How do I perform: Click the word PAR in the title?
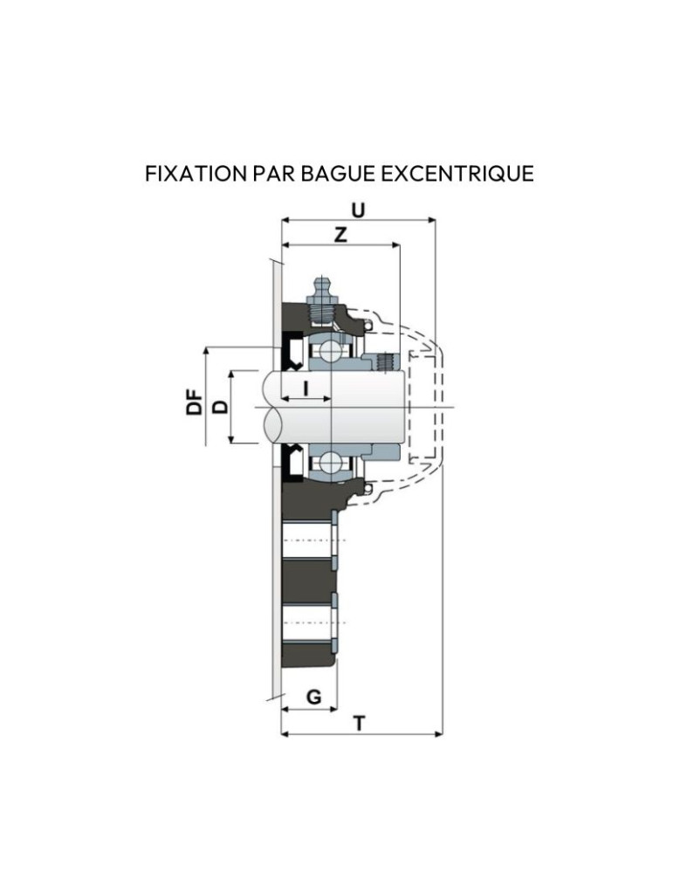coord(273,173)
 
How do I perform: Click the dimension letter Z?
coord(340,235)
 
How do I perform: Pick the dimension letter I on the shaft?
coord(305,386)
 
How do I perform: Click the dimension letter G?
coord(314,698)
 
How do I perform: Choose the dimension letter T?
coord(360,723)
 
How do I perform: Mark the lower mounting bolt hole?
coord(310,621)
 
